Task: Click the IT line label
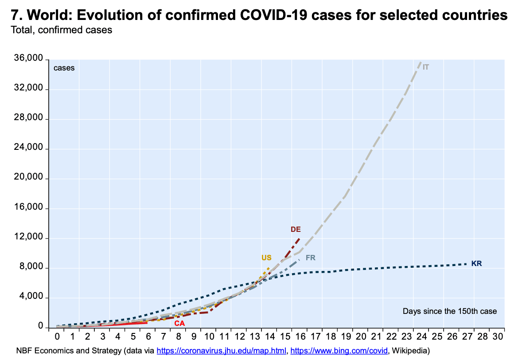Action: pyautogui.click(x=426, y=67)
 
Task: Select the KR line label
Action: pyautogui.click(x=476, y=263)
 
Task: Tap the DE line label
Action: pyautogui.click(x=296, y=229)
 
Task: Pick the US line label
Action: pyautogui.click(x=266, y=258)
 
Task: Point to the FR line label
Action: pyautogui.click(x=311, y=258)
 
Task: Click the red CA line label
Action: pyautogui.click(x=179, y=323)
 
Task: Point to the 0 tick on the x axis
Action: pyautogui.click(x=57, y=337)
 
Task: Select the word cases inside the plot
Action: pyautogui.click(x=64, y=68)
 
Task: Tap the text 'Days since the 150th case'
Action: pyautogui.click(x=449, y=311)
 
